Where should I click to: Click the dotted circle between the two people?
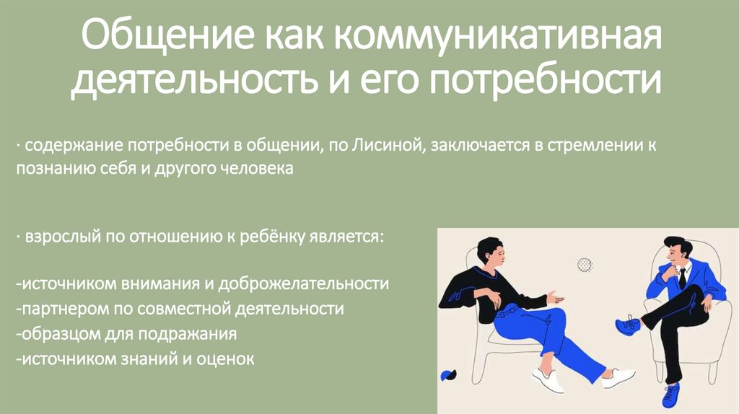pyautogui.click(x=585, y=265)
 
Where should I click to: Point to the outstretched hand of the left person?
pyautogui.click(x=554, y=296)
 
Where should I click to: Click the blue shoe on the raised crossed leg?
pyautogui.click(x=628, y=325)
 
